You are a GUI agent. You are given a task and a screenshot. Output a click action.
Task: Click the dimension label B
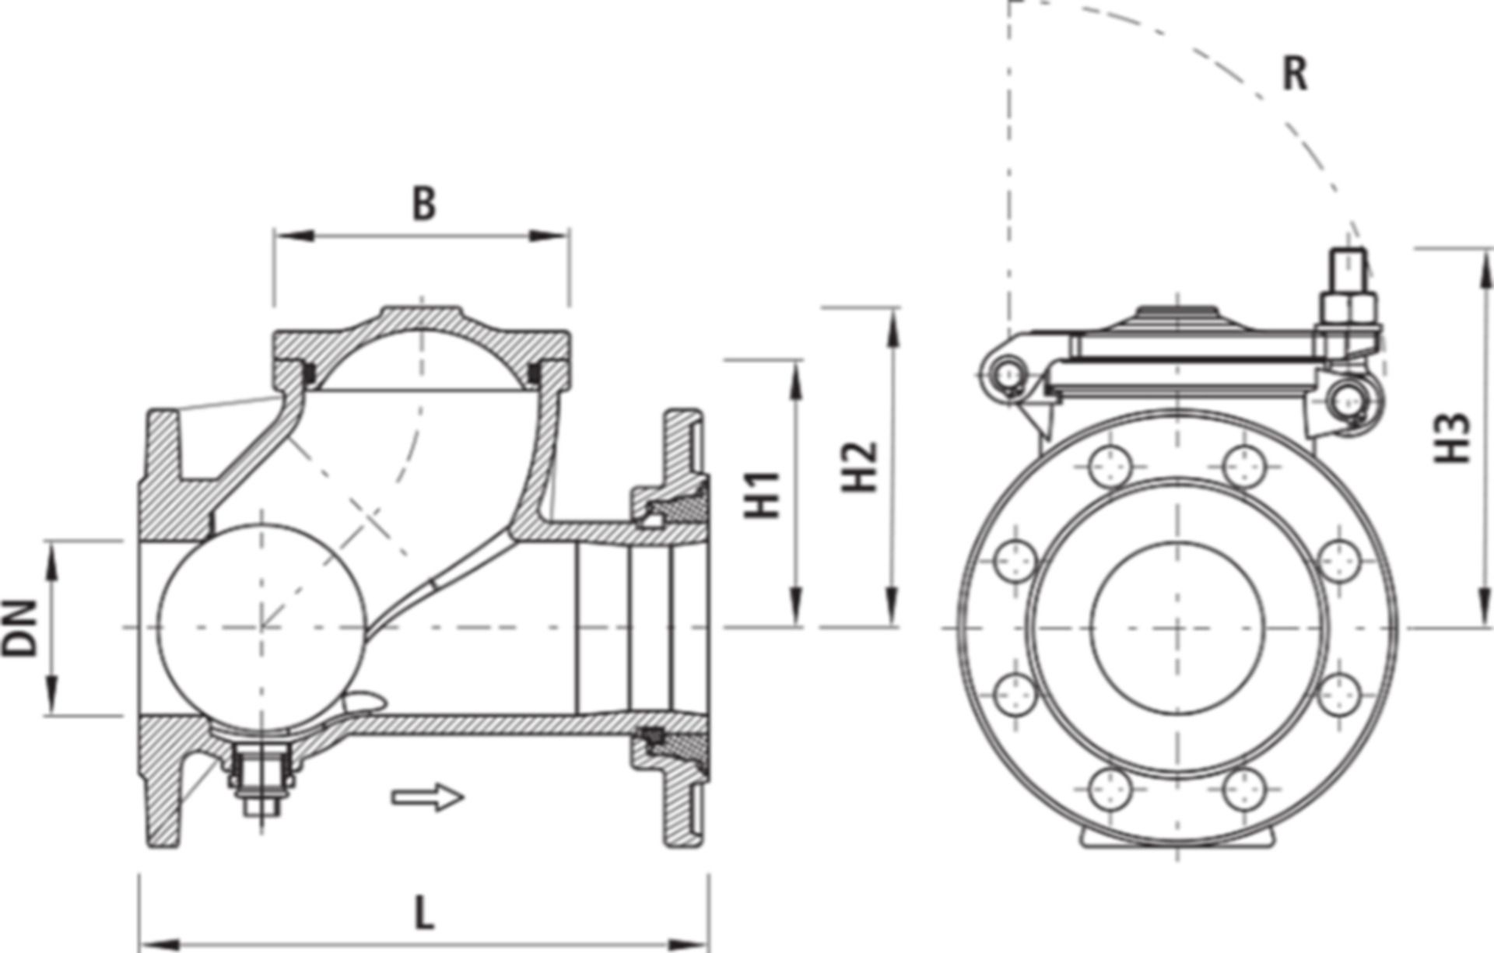pyautogui.click(x=423, y=205)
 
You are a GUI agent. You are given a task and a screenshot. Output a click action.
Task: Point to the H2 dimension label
pyautogui.click(x=860, y=467)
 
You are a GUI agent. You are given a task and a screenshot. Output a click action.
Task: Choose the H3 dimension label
pyautogui.click(x=1452, y=438)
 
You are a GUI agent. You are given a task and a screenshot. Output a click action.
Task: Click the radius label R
pyautogui.click(x=1295, y=75)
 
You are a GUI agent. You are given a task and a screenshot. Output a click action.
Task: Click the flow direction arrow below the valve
pyautogui.click(x=427, y=797)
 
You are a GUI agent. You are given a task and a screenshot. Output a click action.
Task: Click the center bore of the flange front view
pyautogui.click(x=1177, y=627)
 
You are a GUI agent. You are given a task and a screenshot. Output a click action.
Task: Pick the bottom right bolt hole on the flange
pyautogui.click(x=1243, y=789)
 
